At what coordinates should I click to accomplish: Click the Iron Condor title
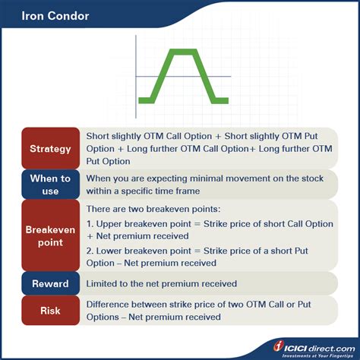(55, 16)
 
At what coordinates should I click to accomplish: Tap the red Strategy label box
(51, 148)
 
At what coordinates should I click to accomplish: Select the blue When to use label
(51, 185)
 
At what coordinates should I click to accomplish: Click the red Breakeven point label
(51, 235)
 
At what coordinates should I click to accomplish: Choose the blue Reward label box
(51, 283)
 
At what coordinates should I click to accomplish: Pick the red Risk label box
(51, 311)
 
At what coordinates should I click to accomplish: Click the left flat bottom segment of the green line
(147, 100)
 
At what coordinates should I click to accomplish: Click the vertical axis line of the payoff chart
(136, 77)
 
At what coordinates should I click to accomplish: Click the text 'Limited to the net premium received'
(162, 283)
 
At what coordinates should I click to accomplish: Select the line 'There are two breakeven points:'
(153, 209)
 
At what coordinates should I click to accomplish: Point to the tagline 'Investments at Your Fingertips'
(317, 355)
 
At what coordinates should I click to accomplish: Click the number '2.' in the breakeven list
(90, 251)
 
